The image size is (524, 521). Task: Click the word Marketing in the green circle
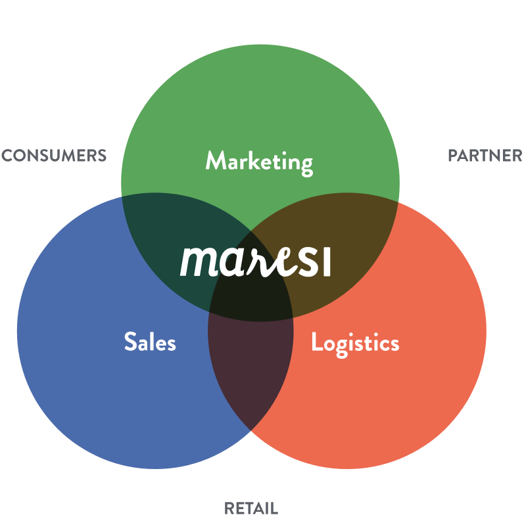click(259, 162)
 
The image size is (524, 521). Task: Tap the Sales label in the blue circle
click(150, 342)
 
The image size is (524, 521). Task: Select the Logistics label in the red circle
click(355, 342)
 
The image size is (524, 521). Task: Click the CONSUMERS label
click(54, 156)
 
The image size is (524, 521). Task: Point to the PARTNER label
click(485, 156)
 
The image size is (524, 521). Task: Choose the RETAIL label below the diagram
click(251, 508)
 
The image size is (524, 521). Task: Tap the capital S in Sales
click(131, 342)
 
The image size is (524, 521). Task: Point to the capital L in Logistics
click(316, 342)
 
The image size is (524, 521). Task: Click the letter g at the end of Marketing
click(306, 164)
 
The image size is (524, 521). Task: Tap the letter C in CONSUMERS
click(8, 156)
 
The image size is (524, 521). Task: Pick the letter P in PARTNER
click(453, 156)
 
